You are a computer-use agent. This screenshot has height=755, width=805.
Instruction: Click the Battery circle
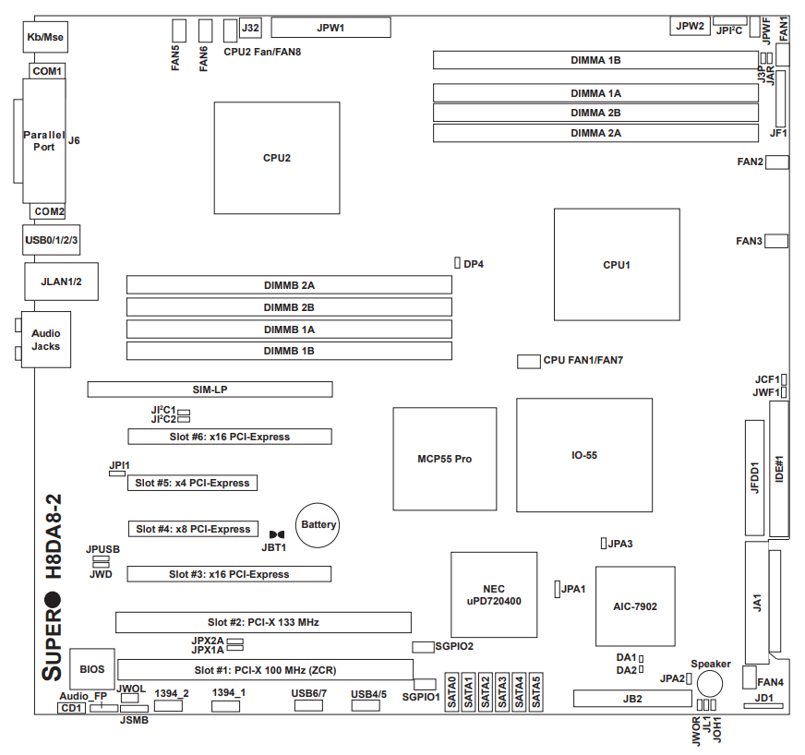(x=318, y=525)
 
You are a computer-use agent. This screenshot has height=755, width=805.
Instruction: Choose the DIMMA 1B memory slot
(x=595, y=60)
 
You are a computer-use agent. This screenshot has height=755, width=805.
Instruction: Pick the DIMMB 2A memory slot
(x=289, y=284)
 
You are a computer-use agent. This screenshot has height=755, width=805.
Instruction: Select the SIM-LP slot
(x=210, y=389)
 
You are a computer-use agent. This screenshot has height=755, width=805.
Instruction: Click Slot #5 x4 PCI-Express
(x=192, y=483)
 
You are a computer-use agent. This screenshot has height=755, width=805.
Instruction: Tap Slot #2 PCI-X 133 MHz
(x=263, y=622)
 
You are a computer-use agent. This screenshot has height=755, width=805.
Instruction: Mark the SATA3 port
(x=502, y=691)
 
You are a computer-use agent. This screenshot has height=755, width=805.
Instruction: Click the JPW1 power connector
(x=330, y=28)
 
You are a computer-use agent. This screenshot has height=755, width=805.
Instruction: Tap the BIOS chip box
(x=92, y=668)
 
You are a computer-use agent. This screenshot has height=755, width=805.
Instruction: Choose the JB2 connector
(x=631, y=699)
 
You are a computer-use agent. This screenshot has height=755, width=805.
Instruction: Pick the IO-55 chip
(x=584, y=455)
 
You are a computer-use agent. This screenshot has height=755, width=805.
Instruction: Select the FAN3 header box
(x=776, y=241)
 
